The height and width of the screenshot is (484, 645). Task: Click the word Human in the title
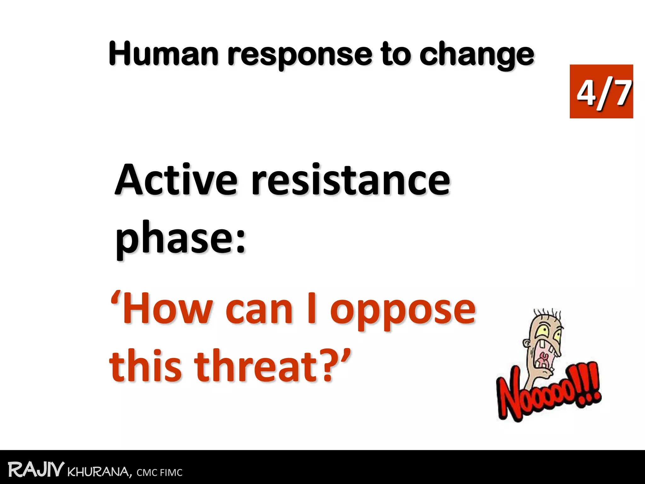[x=163, y=54]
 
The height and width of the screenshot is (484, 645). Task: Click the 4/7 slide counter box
[x=601, y=91]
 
